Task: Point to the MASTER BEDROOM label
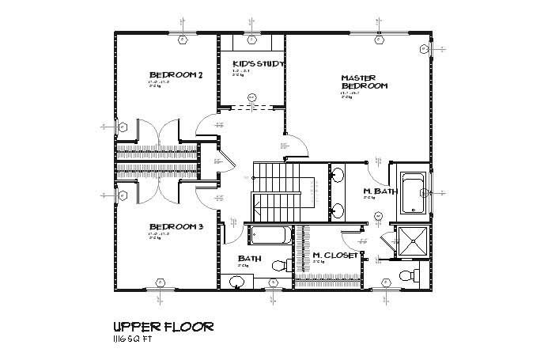(364, 81)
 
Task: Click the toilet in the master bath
(406, 275)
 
